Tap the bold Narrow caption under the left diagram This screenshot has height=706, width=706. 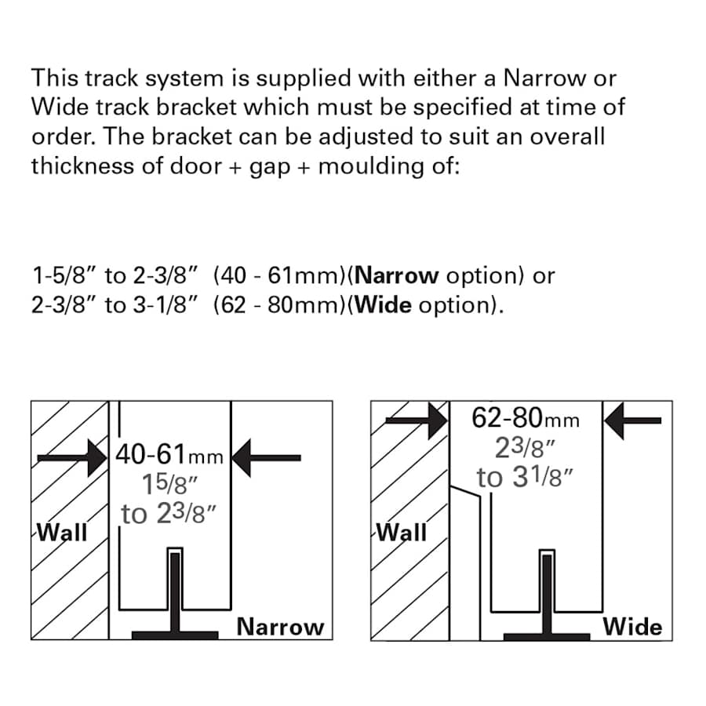pyautogui.click(x=280, y=627)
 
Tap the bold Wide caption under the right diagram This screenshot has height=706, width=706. pyautogui.click(x=632, y=627)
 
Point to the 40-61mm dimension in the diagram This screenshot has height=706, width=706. pyautogui.click(x=169, y=456)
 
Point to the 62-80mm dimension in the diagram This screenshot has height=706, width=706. pyautogui.click(x=526, y=419)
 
